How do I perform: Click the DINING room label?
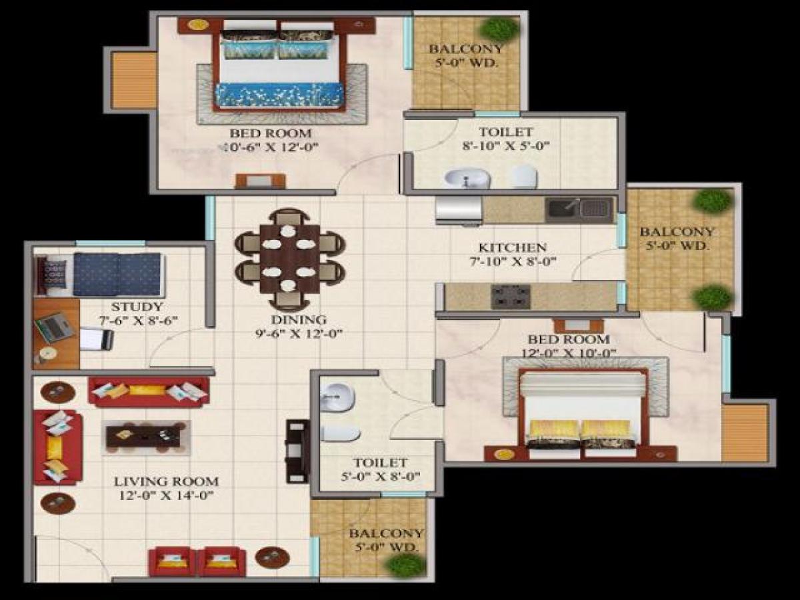coord(289,319)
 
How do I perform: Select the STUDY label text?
coord(137,307)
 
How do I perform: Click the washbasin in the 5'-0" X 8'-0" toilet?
coord(337,397)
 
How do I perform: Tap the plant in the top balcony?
coord(499,29)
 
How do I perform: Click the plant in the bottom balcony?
coord(405,565)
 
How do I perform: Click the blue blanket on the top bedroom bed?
coord(279,95)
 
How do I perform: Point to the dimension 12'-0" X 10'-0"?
coord(569,353)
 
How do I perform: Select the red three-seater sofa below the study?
coord(148,391)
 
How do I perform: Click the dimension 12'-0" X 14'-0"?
coord(165,495)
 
